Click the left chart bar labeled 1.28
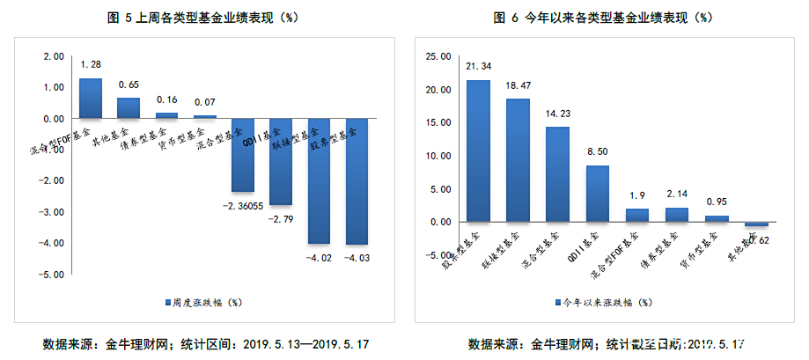[91, 98]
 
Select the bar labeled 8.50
[598, 194]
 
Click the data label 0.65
[129, 84]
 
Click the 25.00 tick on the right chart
[437, 56]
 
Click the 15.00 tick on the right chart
[437, 123]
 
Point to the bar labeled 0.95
[717, 218]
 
